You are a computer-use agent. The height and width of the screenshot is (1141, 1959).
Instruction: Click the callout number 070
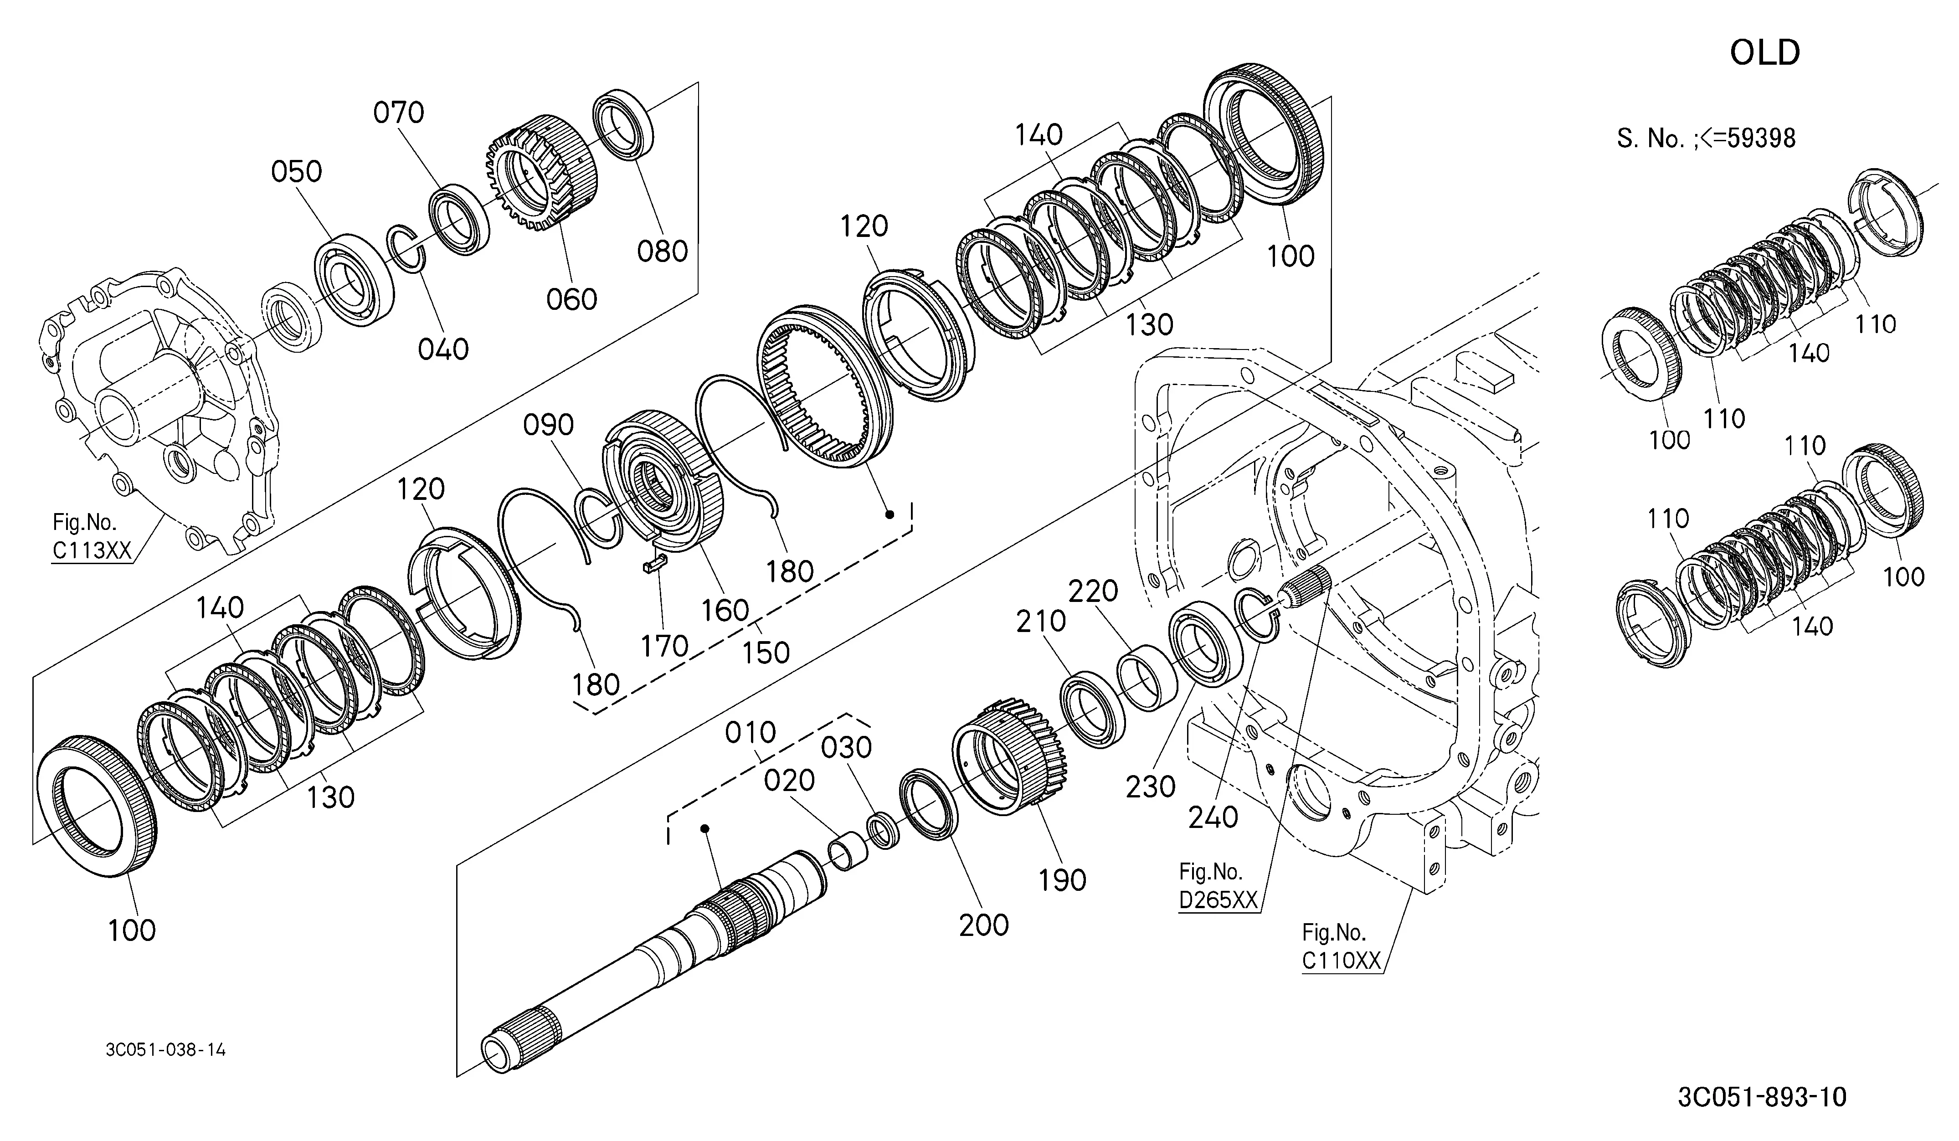[399, 113]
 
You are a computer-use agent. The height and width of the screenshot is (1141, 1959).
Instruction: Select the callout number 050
[296, 171]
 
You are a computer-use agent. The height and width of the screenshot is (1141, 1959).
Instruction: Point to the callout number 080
[662, 251]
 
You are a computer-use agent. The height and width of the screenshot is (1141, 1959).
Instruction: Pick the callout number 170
[665, 645]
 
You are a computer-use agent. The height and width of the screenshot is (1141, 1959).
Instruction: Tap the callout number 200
[983, 925]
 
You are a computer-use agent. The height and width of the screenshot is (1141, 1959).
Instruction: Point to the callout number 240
[1213, 817]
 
